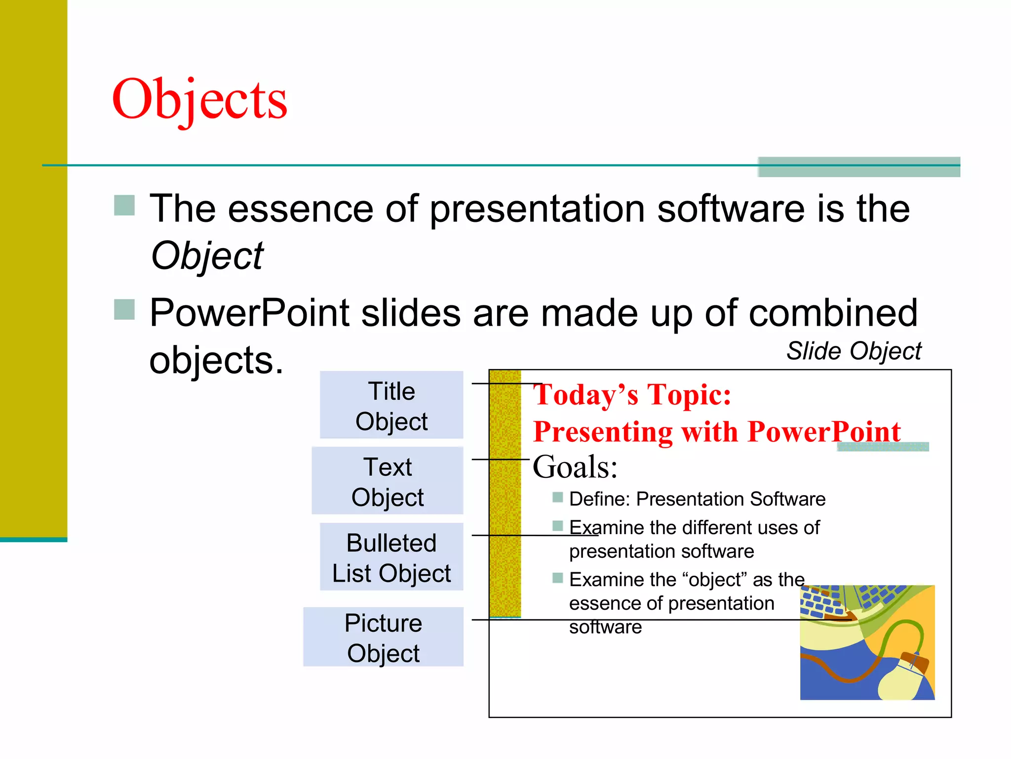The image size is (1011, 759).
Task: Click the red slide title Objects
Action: pos(199,100)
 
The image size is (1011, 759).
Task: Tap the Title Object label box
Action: pos(391,405)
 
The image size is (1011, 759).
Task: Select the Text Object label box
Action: pos(388,481)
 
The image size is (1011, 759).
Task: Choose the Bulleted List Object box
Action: pos(391,557)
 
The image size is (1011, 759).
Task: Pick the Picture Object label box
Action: pos(383,637)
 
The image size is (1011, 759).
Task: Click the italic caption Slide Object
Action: pos(854,351)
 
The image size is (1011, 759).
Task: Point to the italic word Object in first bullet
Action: pos(207,256)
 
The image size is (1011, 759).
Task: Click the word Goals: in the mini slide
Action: pos(575,466)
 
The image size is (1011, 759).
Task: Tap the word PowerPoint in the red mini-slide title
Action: pos(824,431)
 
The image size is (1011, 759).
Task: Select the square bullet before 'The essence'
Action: pos(124,206)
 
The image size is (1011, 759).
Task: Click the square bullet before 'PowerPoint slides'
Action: pos(124,310)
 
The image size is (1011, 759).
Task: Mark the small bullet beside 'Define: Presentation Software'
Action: pos(558,497)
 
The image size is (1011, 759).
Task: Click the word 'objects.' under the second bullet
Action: pos(216,360)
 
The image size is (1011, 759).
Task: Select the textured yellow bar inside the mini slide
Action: pos(505,494)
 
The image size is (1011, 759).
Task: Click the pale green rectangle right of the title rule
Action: pos(859,167)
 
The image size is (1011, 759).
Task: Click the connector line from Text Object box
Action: pos(500,460)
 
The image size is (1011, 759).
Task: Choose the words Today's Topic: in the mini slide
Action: pos(632,395)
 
